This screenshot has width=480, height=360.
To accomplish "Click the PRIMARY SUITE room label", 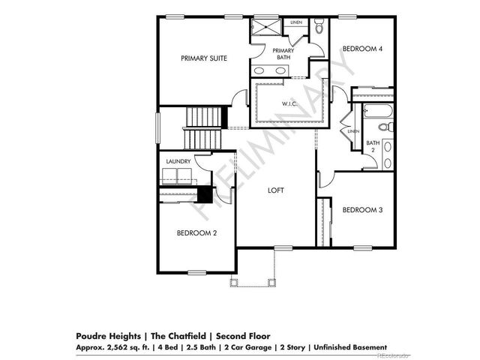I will coord(203,57).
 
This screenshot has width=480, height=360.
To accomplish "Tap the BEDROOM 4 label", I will coord(362,49).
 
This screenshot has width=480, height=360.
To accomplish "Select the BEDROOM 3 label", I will coord(362,210).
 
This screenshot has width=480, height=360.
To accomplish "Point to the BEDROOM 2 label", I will coord(196,233).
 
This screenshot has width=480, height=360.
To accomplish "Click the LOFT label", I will coord(277,190).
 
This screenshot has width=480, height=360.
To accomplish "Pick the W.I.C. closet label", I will coord(290,103).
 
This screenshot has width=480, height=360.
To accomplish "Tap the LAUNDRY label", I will coord(178,161).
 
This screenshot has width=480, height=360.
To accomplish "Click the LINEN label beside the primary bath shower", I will coord(296,22).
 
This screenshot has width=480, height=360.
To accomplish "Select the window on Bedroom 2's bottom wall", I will coord(197,271).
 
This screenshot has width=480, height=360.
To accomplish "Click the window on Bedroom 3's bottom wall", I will coord(363,247).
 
